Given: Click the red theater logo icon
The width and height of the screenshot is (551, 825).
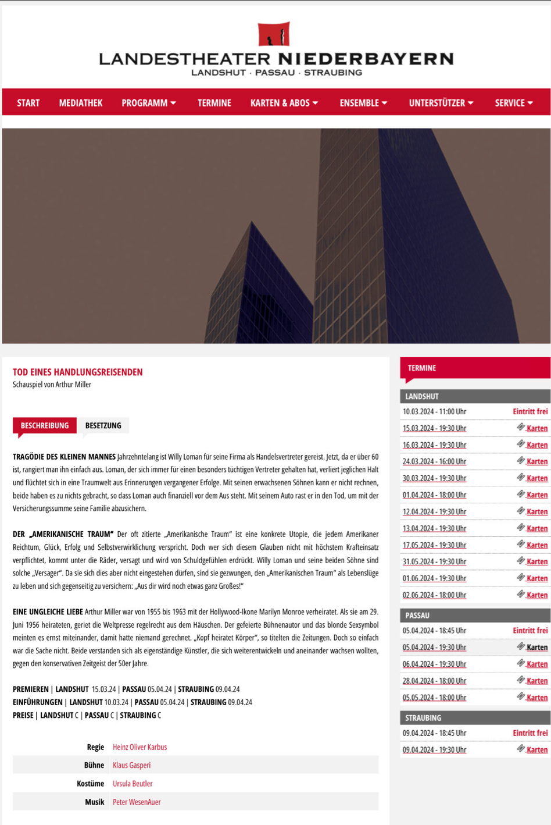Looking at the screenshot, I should click(274, 34).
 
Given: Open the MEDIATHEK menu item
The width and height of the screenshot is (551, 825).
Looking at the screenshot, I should click(81, 103).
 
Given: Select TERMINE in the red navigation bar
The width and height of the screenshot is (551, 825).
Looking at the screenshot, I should click(214, 103).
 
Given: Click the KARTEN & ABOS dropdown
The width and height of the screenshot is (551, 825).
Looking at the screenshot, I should click(284, 103).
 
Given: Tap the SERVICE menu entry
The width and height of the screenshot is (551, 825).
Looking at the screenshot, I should click(513, 103).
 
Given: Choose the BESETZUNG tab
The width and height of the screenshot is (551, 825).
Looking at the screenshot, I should click(103, 425).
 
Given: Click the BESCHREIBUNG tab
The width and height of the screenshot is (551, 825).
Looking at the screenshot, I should click(45, 425).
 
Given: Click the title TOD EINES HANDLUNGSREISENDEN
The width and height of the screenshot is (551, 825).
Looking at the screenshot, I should click(78, 372).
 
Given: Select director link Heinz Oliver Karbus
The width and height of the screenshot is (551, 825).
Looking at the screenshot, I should click(139, 747).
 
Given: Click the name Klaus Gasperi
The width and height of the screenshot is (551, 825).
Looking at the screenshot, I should click(131, 765).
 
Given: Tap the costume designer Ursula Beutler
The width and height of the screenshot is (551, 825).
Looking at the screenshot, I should click(133, 784).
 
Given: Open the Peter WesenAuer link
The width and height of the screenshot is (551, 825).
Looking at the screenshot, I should click(137, 802).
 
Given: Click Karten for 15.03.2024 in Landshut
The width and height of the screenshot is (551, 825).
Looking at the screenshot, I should click(536, 429).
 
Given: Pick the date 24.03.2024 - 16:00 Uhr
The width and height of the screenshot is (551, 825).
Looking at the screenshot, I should click(434, 462).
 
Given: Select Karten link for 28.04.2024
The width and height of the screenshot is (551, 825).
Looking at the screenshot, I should click(536, 681).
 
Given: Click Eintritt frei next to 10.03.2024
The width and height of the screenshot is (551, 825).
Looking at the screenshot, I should click(530, 412).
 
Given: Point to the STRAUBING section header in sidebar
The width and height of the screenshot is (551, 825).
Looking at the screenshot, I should click(423, 718).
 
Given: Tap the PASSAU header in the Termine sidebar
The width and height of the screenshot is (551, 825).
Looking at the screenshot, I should click(417, 615).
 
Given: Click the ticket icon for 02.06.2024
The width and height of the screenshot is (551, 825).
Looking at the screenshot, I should click(521, 594).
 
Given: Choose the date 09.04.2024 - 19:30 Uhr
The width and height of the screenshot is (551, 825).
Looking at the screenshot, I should click(434, 750).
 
